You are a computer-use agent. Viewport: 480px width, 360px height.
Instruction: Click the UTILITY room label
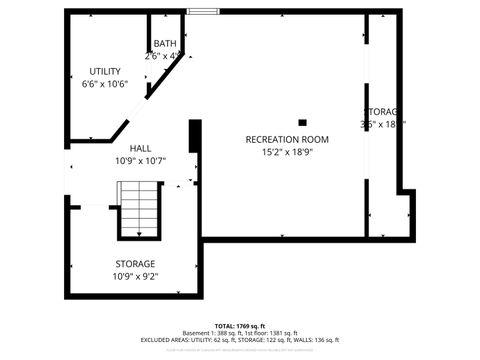(104, 71)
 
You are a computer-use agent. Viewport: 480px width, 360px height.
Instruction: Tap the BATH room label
(164, 44)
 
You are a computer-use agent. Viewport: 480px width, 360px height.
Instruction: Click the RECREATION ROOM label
(287, 139)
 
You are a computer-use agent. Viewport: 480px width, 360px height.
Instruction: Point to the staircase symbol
(138, 208)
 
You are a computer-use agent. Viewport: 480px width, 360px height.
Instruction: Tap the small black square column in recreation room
(302, 122)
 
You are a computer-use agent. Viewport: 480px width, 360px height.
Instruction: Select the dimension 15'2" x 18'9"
(287, 152)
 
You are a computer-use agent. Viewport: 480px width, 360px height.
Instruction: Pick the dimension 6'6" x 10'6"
(104, 84)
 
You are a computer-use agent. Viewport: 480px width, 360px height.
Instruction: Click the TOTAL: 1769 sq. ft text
(239, 326)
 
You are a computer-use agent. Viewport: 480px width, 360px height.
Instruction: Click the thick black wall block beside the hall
(195, 135)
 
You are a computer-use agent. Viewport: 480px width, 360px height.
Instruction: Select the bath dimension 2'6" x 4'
(164, 56)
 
